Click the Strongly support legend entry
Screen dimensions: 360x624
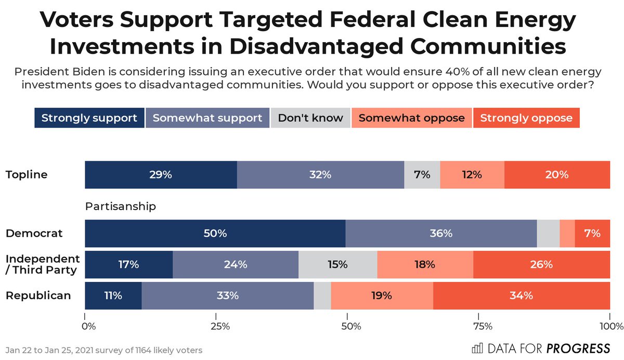pos(89,118)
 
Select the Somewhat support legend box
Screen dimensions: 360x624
pos(207,118)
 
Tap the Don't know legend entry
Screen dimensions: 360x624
pos(310,118)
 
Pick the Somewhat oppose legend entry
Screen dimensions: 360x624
pos(411,118)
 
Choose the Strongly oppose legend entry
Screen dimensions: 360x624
pos(526,118)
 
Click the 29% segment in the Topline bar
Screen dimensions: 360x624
pos(161,175)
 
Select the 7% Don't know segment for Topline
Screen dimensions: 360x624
pos(422,175)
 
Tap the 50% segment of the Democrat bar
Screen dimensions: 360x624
pos(215,234)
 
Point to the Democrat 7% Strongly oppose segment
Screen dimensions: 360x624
pos(592,234)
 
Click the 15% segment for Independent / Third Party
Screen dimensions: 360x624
pos(337,264)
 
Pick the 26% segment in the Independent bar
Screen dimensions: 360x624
pos(541,264)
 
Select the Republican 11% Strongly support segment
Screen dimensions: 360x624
pos(113,295)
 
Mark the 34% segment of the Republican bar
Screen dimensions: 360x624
pos(521,295)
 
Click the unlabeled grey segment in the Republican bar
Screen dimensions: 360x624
pos(322,295)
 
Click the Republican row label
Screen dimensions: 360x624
pos(38,295)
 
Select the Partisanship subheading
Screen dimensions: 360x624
pos(120,207)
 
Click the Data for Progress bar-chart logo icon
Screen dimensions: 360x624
pos(477,348)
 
